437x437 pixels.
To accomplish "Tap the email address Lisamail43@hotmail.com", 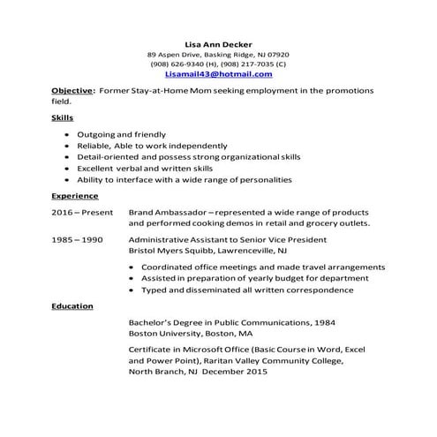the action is [x=218, y=75].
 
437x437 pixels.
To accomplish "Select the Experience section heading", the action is [x=74, y=195].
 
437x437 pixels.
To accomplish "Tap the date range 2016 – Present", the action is [x=82, y=213].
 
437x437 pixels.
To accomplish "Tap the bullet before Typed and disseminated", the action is [x=132, y=290].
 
